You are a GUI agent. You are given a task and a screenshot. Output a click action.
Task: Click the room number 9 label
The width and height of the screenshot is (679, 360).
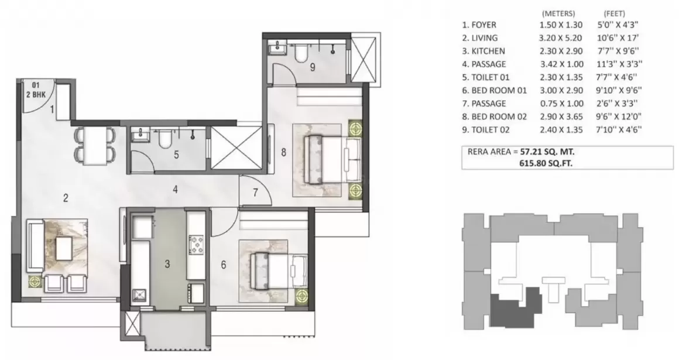point(313,67)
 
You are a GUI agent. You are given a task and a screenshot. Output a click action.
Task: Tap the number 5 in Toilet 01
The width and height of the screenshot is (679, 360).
point(176,154)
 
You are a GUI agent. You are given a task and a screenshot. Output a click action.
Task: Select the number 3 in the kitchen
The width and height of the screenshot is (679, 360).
point(167,264)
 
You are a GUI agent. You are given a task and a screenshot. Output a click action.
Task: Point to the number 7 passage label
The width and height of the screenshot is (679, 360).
point(255,192)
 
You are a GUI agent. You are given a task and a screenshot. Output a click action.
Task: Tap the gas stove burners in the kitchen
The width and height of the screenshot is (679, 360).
point(197,244)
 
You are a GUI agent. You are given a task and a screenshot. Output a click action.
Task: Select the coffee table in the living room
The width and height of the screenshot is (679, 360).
point(64,249)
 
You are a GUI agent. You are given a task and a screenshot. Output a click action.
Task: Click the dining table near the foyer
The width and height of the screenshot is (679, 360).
point(95,146)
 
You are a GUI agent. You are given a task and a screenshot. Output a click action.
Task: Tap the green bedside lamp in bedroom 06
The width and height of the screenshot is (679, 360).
point(301,296)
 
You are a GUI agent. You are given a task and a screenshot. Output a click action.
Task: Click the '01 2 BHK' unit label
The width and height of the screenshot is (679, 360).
point(36,90)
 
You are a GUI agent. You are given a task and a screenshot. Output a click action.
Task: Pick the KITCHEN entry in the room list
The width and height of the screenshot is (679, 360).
point(483,51)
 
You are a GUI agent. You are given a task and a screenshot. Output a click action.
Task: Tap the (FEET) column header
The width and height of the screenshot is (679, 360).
point(615,13)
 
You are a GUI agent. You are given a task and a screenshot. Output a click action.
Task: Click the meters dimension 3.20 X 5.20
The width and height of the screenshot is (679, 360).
point(560,38)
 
